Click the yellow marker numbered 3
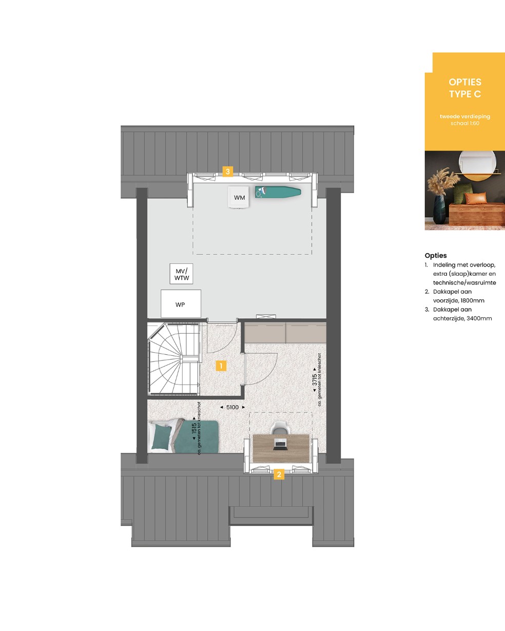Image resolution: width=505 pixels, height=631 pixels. pos(228,171)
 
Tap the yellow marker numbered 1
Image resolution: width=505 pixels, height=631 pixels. pos(221,366)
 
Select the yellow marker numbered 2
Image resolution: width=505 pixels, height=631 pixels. pos(279,474)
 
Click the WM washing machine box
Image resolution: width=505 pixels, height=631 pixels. pos(239,197)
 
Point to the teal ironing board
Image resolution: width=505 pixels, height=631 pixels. pos(278,193)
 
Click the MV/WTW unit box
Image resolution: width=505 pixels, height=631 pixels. pos(182,274)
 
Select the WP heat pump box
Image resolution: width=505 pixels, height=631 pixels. pos(181,303)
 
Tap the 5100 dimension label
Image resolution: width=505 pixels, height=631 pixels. pos(232,407)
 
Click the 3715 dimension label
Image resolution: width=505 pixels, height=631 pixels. pos(315,380)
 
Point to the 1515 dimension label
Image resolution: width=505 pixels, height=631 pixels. pos(194,428)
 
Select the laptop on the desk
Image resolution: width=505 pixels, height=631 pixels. pos(280,444)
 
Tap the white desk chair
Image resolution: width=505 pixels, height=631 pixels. pos(280,428)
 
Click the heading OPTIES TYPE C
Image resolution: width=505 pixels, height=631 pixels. pos(465,88)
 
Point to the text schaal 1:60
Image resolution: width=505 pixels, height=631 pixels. pos(465,123)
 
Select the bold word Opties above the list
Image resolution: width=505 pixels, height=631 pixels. pos(436,256)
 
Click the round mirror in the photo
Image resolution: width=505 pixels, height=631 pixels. pos(477,166)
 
